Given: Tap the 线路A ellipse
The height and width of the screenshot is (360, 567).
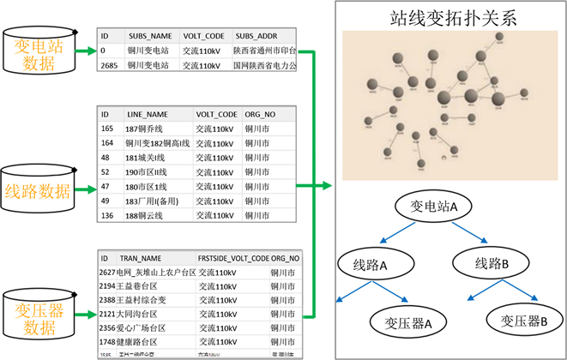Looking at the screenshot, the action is click(372, 265).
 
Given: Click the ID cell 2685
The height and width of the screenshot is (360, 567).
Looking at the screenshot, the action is click(109, 63).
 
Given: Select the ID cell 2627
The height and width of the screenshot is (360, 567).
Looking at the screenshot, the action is click(107, 272).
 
